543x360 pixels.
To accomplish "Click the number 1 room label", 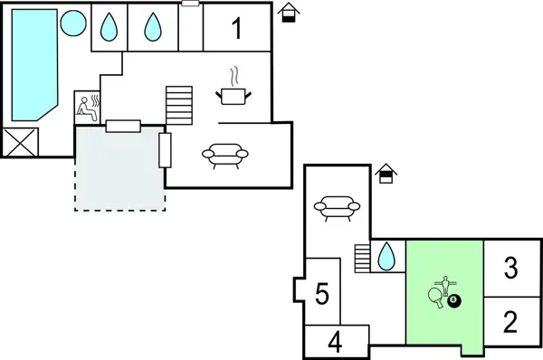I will point(237,29).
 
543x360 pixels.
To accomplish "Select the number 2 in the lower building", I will point(510,321).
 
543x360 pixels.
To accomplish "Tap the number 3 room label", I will point(510,268).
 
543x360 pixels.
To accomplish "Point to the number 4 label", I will point(335,343).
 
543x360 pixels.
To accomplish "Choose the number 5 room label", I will point(321,294).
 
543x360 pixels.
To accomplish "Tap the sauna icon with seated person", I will point(87,106).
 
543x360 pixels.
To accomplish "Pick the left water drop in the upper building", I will point(109,27).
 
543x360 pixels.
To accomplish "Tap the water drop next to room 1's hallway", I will point(152,27).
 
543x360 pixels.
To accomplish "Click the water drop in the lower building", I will point(386,256).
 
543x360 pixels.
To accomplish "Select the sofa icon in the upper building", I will point(222,156).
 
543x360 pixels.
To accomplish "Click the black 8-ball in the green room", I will point(454,300).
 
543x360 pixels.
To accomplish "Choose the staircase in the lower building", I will point(362,257).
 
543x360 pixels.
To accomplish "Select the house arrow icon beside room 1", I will point(289,13).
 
